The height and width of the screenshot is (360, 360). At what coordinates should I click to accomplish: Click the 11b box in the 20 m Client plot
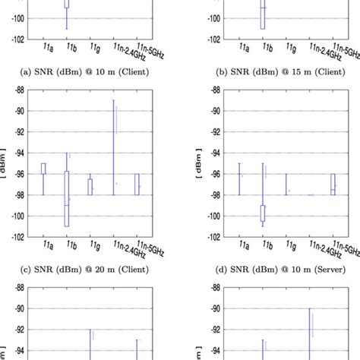coord(67,199)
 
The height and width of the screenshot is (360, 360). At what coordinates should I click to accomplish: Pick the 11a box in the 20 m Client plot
coord(43,169)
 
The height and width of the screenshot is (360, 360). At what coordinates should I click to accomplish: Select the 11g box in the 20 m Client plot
coord(90,187)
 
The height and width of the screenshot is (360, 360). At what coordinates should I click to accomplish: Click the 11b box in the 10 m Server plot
coord(263,213)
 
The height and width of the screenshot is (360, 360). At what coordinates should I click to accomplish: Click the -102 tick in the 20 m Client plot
coord(13,237)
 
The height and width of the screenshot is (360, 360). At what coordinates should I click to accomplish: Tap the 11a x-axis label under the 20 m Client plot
coord(44,245)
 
